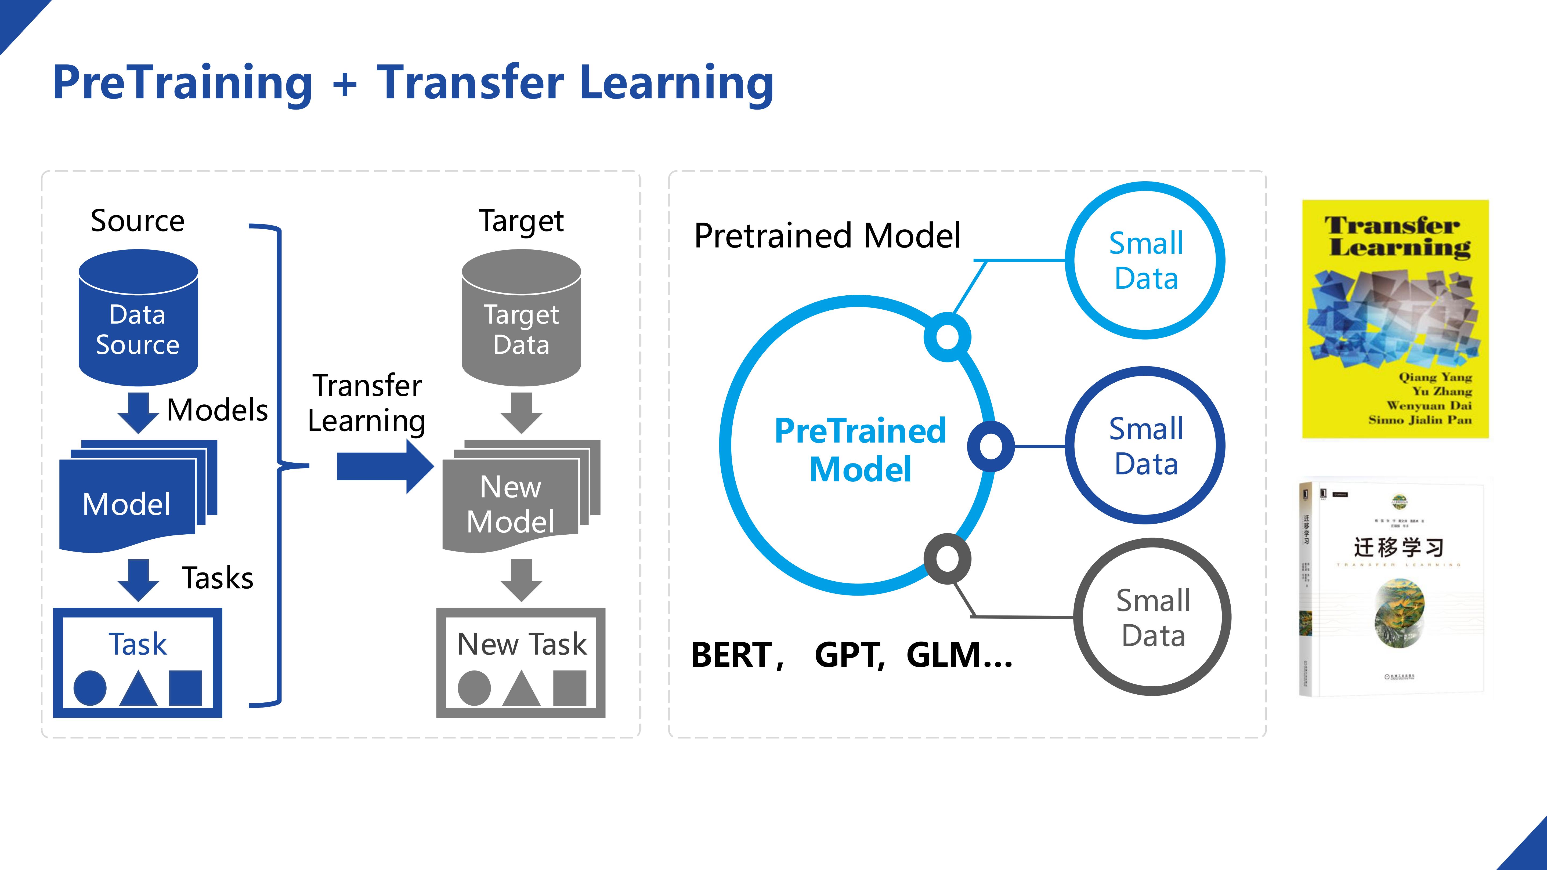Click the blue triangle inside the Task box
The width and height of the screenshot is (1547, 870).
pyautogui.click(x=138, y=689)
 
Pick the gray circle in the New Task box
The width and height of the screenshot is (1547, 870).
pyautogui.click(x=474, y=689)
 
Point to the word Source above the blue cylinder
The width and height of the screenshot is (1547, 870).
pyautogui.click(x=138, y=220)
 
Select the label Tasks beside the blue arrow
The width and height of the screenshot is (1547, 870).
pyautogui.click(x=217, y=578)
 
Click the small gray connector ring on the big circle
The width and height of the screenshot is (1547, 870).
pyautogui.click(x=947, y=559)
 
